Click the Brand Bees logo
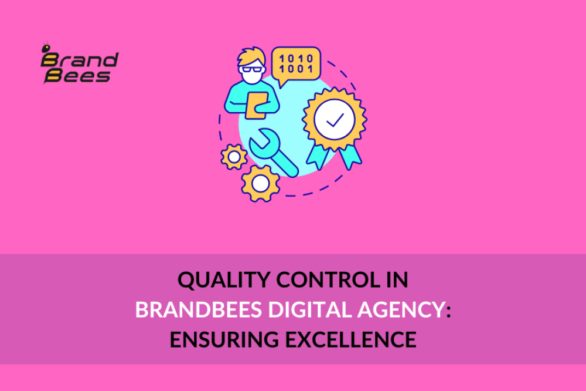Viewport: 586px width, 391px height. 79,63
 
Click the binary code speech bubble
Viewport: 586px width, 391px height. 296,63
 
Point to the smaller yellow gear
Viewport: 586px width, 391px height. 234,156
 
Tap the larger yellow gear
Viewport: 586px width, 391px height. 260,183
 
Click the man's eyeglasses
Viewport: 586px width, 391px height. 253,69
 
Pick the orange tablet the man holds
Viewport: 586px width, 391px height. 256,106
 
